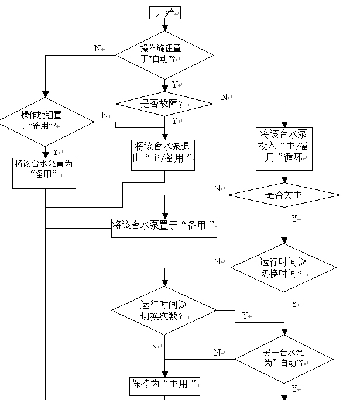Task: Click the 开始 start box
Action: pyautogui.click(x=165, y=12)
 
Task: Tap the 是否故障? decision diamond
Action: pyautogui.click(x=165, y=104)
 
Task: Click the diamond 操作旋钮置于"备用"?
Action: pyautogui.click(x=45, y=121)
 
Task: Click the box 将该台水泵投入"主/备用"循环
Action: pyautogui.click(x=284, y=149)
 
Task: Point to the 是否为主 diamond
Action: pyautogui.click(x=284, y=195)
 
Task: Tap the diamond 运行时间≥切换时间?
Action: pyautogui.click(x=284, y=268)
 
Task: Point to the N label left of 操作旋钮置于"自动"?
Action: pyautogui.click(x=98, y=48)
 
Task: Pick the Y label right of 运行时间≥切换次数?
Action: pyautogui.click(x=245, y=316)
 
